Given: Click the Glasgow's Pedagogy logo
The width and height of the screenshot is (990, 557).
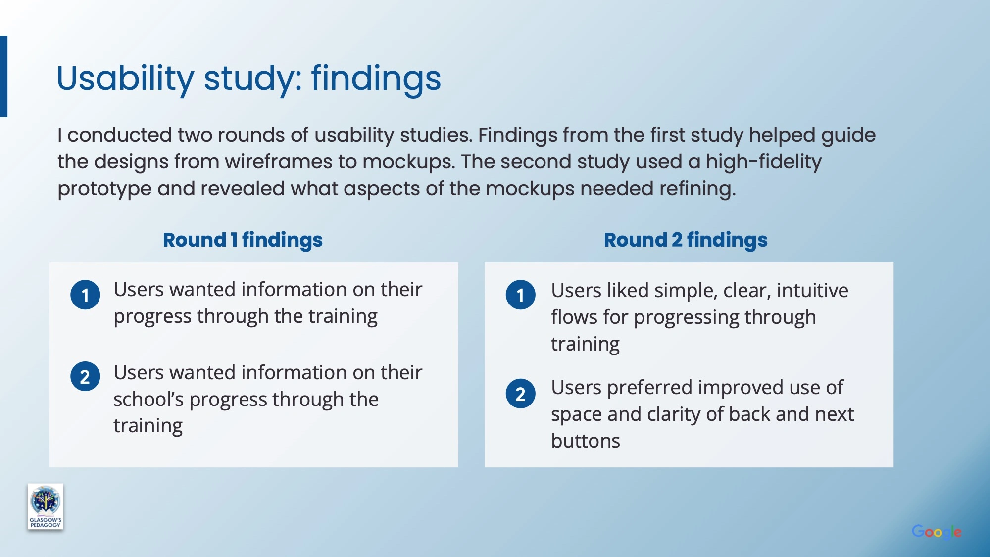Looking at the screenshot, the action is (45, 506).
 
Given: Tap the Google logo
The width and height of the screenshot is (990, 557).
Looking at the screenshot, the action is (937, 532).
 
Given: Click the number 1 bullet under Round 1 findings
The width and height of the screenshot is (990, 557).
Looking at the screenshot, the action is (85, 295).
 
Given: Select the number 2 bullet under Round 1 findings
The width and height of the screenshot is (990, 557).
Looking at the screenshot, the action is (85, 377).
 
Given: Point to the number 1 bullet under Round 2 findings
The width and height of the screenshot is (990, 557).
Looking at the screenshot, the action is (520, 295).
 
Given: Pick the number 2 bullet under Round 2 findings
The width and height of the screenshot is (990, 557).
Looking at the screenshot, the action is (520, 394).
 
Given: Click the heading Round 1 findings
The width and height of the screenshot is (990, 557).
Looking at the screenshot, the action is (243, 240).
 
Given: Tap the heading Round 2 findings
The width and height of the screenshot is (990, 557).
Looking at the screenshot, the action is (686, 240).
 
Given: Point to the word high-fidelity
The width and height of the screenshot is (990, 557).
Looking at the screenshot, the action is (764, 162).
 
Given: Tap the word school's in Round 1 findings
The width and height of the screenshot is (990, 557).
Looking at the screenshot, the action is (148, 400).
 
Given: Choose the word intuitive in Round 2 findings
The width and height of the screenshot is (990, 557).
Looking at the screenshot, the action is (812, 291).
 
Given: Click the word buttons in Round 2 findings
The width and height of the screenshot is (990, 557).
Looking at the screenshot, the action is (586, 441).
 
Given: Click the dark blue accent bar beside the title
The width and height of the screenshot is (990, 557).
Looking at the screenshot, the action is (3, 76).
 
